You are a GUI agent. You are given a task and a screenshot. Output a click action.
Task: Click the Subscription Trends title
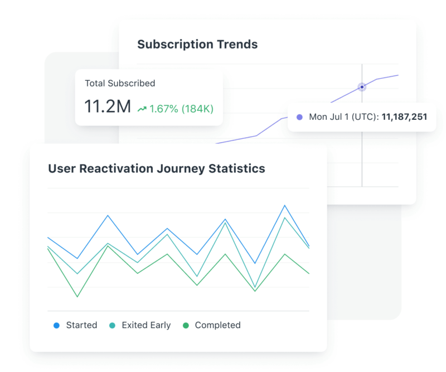coord(197,45)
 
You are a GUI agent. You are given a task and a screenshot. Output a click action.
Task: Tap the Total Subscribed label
coord(120,83)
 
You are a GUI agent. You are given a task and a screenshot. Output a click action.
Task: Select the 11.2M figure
coord(107,107)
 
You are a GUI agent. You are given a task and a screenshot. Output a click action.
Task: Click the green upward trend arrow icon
coord(142,108)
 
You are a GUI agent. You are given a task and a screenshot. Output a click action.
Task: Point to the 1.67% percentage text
coord(164,108)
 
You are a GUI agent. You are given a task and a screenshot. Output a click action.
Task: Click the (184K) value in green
coord(198,108)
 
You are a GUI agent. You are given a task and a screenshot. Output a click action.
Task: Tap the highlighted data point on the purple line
coord(362,87)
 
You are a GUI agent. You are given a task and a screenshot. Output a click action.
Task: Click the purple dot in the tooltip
coord(299,118)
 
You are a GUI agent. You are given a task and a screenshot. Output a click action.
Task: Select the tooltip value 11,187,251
coord(404,118)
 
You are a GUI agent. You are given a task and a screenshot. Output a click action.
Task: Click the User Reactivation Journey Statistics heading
coord(157,168)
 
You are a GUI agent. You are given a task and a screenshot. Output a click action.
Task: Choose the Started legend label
coord(81,325)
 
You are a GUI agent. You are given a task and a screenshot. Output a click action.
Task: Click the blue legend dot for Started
coord(56,325)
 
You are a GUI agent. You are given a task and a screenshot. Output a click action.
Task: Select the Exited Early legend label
coord(146,325)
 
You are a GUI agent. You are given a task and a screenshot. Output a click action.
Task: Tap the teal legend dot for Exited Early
coord(112,325)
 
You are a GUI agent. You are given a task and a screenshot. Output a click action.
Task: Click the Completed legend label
coord(217,325)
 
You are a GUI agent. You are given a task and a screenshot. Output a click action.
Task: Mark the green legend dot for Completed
coord(186,325)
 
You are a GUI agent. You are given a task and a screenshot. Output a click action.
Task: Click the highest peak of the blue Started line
coord(285,205)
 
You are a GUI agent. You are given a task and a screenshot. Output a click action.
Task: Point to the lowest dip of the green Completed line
coord(77,297)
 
